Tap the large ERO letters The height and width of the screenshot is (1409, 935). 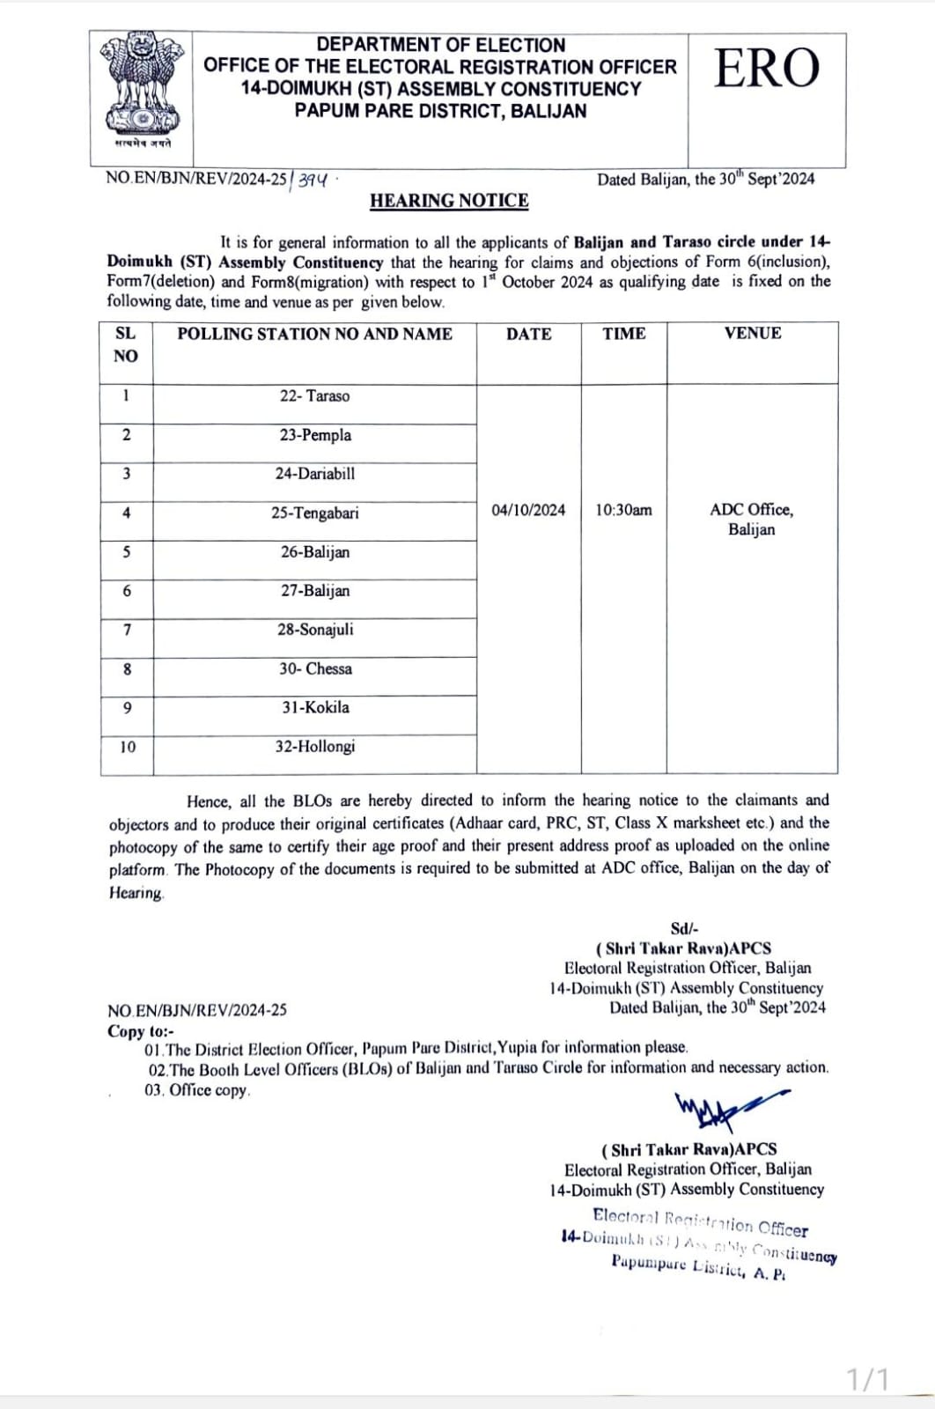coord(766,69)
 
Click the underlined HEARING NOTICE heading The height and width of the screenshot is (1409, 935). coord(449,201)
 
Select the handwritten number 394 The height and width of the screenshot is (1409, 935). coord(313,180)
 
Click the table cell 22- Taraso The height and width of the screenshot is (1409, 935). coord(314,396)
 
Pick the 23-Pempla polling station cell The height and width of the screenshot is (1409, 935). coord(314,435)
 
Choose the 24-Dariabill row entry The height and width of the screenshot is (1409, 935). coord(314,474)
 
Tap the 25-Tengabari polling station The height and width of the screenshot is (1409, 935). coord(314,513)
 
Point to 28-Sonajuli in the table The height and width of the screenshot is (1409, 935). coord(314,630)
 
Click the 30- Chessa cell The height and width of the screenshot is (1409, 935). coord(314,668)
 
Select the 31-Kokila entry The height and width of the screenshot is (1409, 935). coord(314,707)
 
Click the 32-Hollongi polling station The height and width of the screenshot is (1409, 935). coord(314,747)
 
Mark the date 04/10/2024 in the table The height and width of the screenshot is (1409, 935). coord(528,510)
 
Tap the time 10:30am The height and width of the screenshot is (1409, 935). coord(623,510)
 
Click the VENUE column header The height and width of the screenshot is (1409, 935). coord(752,334)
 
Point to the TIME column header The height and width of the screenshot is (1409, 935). coord(623,334)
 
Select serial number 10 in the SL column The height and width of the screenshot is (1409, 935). coord(128,747)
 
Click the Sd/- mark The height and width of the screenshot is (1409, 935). coord(684,928)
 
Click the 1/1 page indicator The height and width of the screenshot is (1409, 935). coord(868,1378)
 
